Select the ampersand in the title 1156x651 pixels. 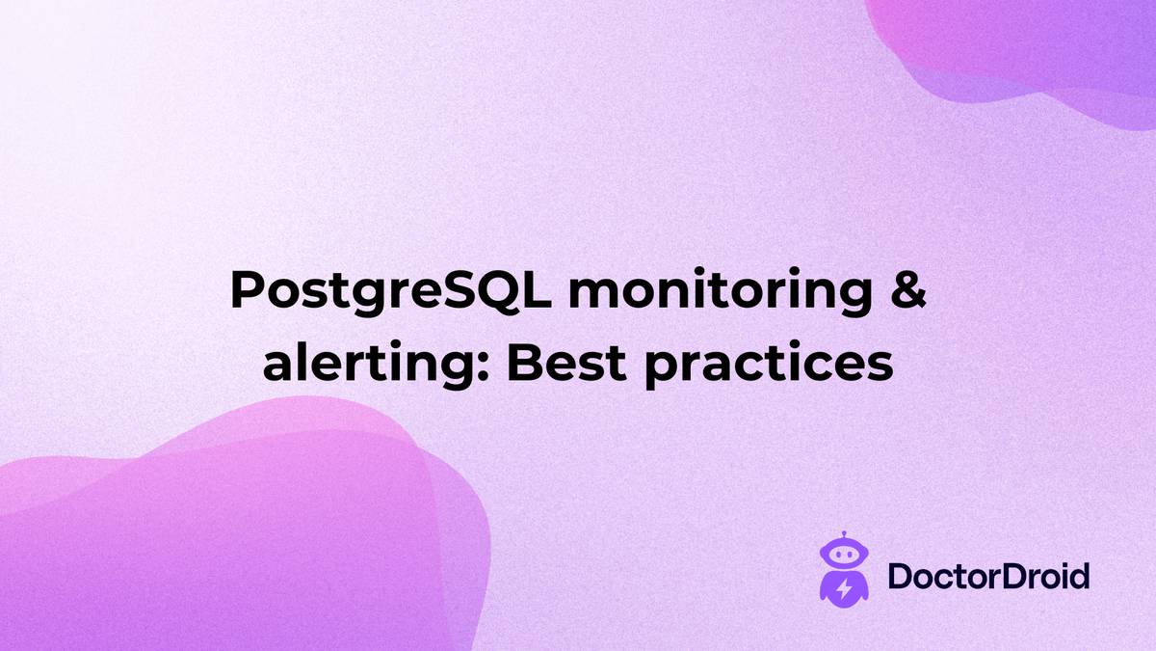[906, 289]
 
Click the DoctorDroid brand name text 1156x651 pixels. [987, 577]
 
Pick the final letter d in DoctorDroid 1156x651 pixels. [1079, 577]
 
